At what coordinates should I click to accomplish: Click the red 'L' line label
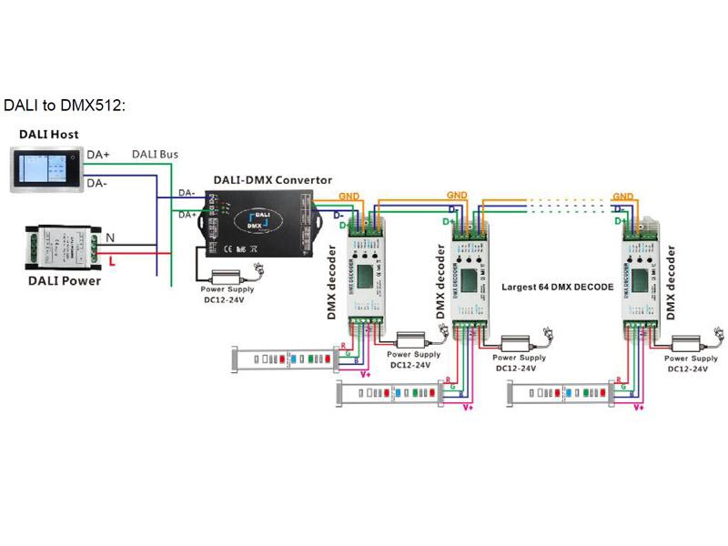click(111, 261)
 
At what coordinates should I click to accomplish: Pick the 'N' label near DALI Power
click(111, 238)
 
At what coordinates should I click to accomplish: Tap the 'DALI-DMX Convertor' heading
click(272, 180)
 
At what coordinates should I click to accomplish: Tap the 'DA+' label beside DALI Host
click(98, 156)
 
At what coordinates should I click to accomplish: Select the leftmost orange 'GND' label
click(349, 197)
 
